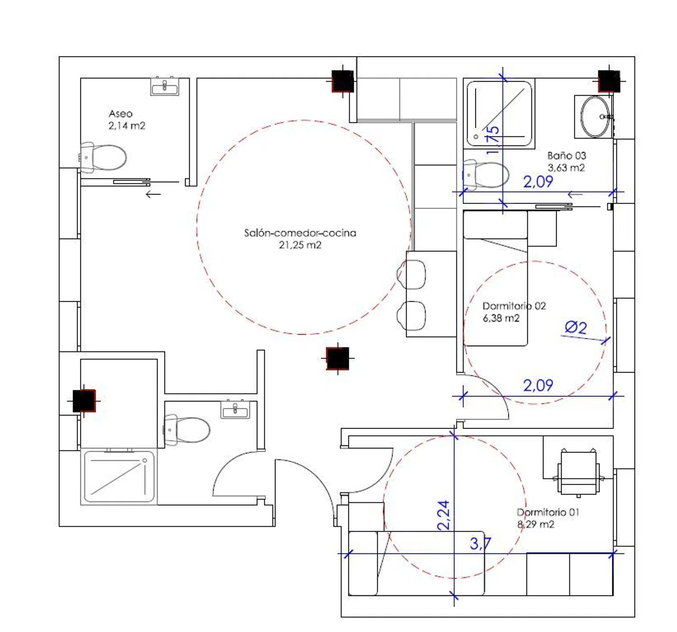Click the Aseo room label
121,114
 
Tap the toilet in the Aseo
103,157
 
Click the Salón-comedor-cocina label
300,233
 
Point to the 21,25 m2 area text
300,245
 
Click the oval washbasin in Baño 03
594,116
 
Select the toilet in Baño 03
486,175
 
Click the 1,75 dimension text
493,140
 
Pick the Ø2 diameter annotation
575,328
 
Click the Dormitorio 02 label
514,306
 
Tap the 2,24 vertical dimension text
444,515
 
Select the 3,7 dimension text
480,544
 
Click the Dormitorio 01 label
548,512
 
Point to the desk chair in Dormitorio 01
579,474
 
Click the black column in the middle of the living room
338,358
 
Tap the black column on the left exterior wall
84,401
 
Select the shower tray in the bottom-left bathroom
119,476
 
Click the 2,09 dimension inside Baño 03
538,182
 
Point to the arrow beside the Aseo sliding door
153,194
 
